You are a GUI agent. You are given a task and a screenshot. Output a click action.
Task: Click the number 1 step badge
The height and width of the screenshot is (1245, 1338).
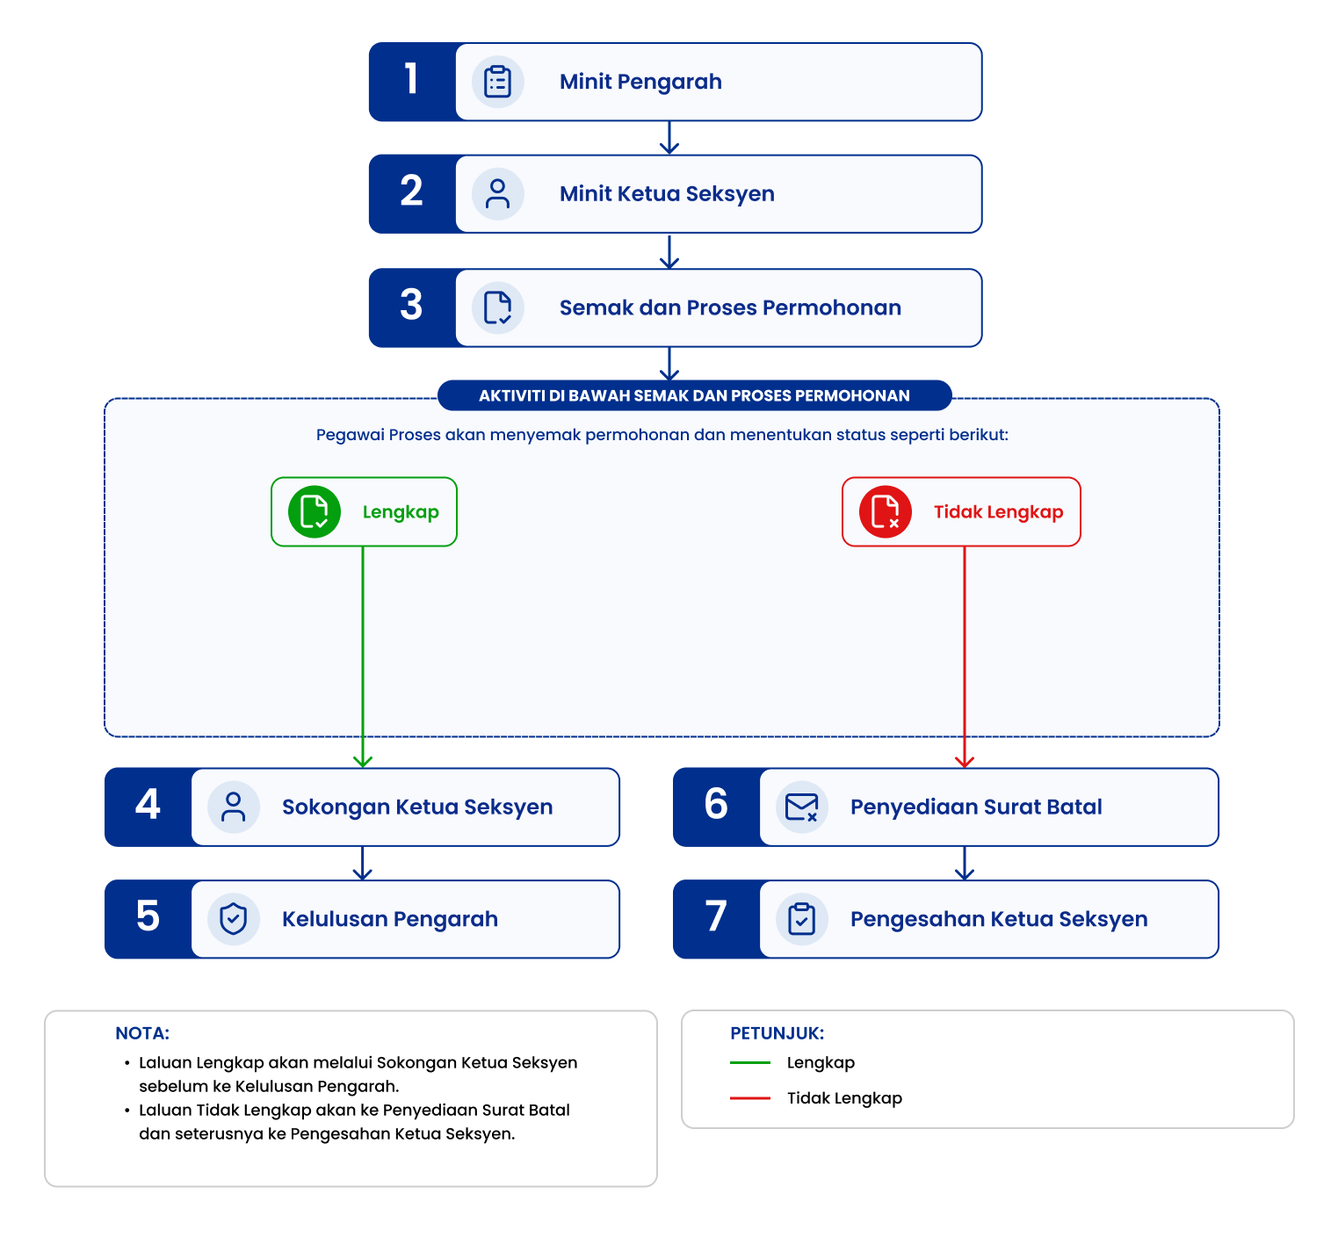click(412, 82)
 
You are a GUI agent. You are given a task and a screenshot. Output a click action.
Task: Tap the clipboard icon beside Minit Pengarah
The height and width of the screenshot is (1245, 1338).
click(498, 82)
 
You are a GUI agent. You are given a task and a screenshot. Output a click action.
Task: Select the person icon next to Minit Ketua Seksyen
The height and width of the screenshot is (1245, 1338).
click(498, 194)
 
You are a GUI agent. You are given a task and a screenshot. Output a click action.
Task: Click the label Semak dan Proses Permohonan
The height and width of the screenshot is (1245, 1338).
click(730, 308)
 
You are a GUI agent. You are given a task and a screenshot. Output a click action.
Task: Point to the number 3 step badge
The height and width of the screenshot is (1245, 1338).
click(412, 308)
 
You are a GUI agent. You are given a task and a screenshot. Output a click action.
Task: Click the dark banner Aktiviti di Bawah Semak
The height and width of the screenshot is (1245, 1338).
click(694, 395)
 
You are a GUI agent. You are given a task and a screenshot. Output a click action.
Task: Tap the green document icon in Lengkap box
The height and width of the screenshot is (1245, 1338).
click(315, 511)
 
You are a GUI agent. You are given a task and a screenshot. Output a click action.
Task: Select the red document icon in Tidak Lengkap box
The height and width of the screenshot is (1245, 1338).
click(886, 511)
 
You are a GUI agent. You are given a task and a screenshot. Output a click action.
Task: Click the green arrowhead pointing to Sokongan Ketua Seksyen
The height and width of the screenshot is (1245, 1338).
click(363, 761)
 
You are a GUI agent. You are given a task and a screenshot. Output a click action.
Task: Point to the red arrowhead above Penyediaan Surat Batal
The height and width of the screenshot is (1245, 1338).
click(965, 761)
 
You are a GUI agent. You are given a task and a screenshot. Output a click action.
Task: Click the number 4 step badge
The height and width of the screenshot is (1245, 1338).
click(148, 807)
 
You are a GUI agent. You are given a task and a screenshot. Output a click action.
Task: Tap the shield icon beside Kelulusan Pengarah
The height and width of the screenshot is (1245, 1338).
click(234, 919)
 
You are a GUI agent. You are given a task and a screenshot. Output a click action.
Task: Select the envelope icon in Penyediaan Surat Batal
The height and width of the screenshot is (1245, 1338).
click(802, 807)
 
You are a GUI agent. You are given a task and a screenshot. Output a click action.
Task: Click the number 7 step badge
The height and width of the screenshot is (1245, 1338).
click(716, 919)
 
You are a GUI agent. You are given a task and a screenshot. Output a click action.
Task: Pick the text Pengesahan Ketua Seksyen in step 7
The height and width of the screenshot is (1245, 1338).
click(999, 919)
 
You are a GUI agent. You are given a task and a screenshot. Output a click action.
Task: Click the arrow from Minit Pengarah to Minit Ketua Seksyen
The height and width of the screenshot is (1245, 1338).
click(669, 138)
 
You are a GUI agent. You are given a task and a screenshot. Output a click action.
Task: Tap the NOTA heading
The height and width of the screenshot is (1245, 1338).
click(142, 1033)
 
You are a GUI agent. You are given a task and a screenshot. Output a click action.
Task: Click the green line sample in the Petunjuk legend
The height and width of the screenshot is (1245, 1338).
click(750, 1062)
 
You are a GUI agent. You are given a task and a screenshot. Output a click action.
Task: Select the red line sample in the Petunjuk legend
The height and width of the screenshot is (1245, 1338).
click(750, 1098)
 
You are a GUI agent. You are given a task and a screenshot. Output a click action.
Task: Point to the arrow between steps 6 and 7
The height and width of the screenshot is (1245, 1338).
click(965, 864)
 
